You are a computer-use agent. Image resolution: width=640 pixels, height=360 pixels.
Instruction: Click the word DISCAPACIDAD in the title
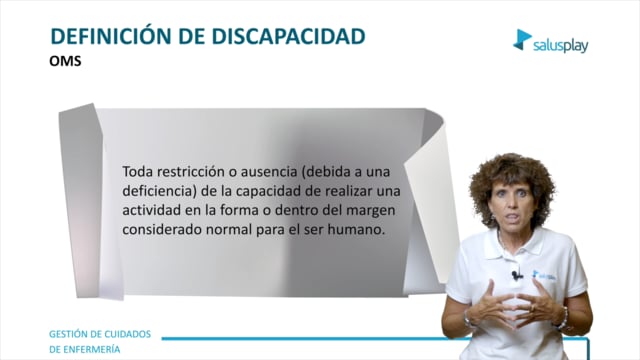[x=288, y=36]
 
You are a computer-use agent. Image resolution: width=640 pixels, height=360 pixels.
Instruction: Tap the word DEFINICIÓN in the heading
[x=111, y=36]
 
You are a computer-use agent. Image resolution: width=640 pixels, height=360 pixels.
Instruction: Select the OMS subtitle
[x=65, y=61]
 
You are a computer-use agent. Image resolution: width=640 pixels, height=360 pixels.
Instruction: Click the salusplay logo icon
[x=522, y=40]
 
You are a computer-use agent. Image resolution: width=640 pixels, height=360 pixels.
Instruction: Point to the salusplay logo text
[x=561, y=46]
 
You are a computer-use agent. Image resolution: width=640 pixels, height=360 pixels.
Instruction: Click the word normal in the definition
[x=229, y=230]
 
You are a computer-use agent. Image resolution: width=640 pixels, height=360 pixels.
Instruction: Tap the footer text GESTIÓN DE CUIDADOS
[x=100, y=334]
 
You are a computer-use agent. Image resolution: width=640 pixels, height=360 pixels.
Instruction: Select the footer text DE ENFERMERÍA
[x=84, y=349]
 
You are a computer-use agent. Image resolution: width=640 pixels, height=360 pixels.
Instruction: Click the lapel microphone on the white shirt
[x=517, y=276]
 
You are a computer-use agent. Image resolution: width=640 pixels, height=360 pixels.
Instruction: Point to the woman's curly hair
[x=512, y=176]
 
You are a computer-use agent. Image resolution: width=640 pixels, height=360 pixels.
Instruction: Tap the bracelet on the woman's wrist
[x=562, y=318]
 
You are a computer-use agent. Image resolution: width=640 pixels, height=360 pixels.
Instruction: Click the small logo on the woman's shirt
[x=544, y=275]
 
